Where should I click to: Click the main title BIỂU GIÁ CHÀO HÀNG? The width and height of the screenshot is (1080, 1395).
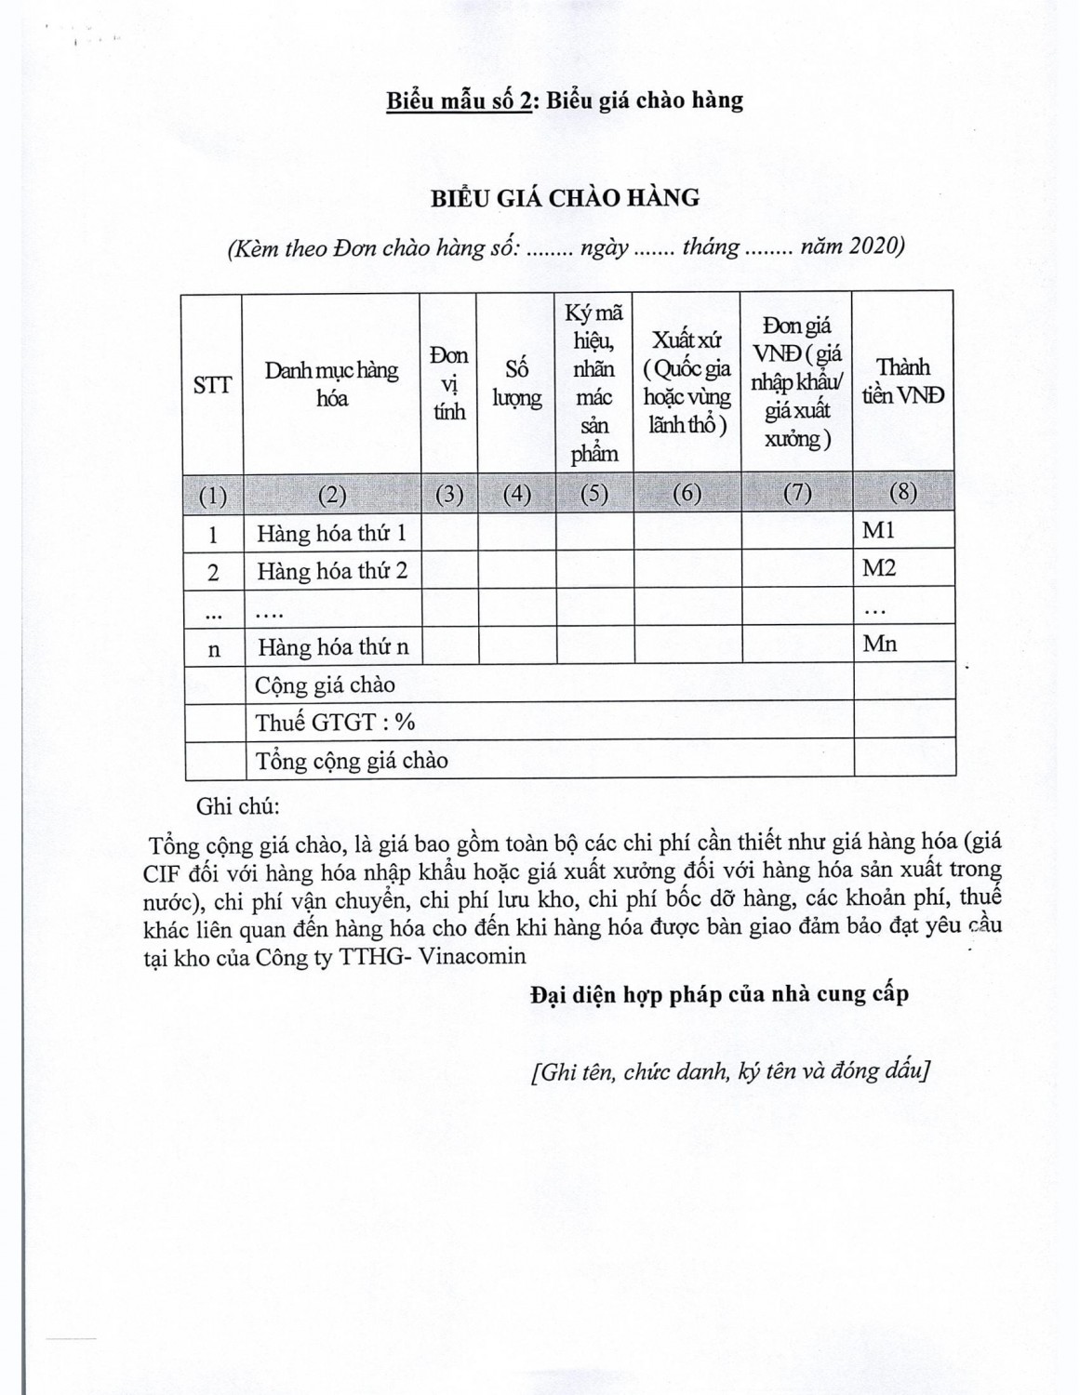pos(564,197)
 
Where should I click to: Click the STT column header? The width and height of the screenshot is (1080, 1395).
pos(212,385)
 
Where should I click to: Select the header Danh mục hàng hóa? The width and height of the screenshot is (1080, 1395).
pos(331,384)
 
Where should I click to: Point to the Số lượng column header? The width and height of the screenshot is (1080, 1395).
pos(516,384)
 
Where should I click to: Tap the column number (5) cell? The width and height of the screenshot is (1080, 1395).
pos(593,494)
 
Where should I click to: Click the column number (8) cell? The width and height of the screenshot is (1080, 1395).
pos(902,492)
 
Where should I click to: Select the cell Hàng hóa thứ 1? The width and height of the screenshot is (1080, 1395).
pos(331,534)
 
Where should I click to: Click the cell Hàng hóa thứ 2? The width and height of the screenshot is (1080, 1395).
pos(331,571)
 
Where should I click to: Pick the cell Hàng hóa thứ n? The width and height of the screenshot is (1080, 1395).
pos(332,647)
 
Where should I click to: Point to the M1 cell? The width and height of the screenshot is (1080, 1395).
pos(878,530)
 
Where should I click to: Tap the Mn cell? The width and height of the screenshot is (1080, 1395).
pos(879,644)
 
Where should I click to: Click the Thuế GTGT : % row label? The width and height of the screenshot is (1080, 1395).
pos(335,723)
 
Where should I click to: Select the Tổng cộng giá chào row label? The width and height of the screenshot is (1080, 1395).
pos(352,761)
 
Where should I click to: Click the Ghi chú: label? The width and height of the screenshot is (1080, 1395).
pos(238,806)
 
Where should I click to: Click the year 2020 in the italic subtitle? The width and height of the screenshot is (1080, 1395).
pos(874,247)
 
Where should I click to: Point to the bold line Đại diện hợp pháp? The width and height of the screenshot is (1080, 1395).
pos(719,994)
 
